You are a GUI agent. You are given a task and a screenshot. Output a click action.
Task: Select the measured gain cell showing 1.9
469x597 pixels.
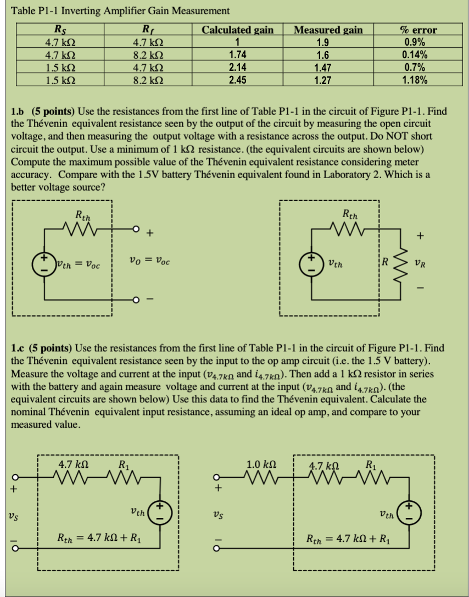point(327,43)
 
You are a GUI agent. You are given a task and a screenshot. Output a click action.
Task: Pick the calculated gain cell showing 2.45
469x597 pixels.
point(237,79)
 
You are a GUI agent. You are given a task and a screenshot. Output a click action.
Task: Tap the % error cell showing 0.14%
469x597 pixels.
point(416,55)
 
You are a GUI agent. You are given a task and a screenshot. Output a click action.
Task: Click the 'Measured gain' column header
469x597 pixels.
point(328,30)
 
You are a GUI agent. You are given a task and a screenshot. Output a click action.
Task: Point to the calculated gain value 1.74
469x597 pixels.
point(237,55)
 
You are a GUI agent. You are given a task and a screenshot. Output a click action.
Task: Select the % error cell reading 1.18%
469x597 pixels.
point(416,79)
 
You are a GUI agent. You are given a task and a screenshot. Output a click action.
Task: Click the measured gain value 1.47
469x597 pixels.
point(327,67)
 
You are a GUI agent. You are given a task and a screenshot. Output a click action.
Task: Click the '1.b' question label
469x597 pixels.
point(19,110)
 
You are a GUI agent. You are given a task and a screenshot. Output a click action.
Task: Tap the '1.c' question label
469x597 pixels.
point(19,348)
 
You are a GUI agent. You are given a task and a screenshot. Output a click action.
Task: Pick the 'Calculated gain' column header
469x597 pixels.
point(238,30)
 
